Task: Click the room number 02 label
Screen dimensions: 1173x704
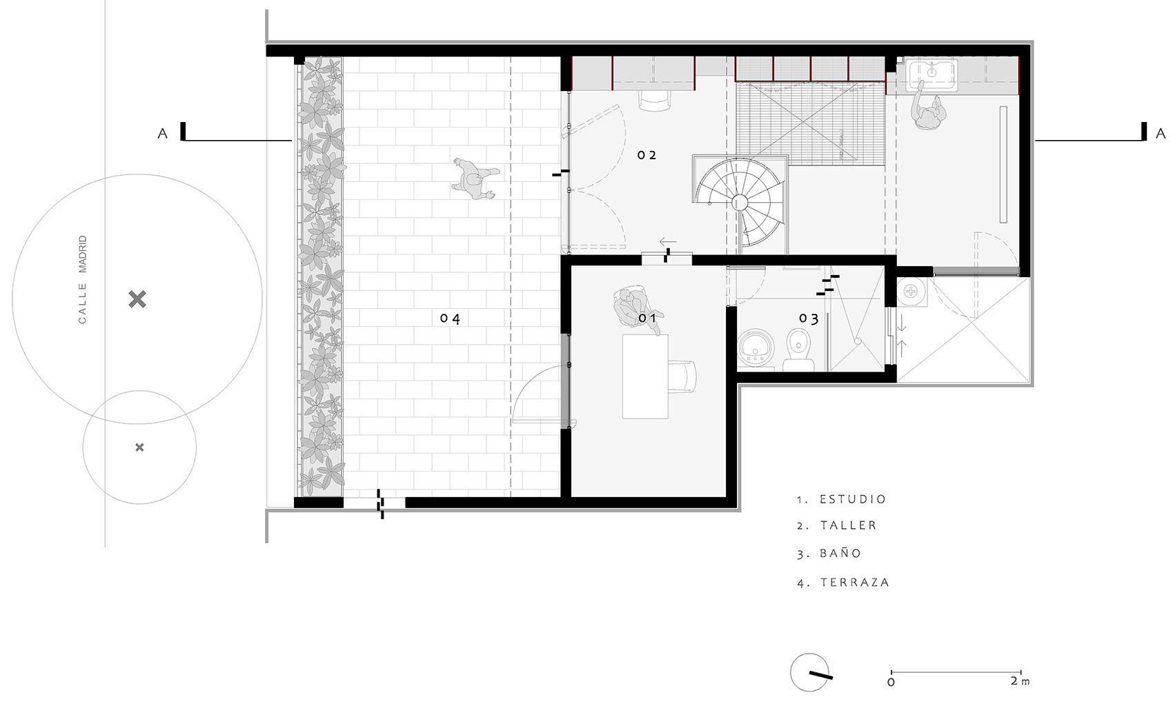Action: (x=647, y=155)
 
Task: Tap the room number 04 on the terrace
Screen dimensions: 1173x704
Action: (x=450, y=319)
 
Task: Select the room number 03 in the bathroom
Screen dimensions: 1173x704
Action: (x=809, y=319)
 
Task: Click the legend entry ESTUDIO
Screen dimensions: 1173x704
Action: (x=853, y=499)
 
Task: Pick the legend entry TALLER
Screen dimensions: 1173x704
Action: (x=848, y=525)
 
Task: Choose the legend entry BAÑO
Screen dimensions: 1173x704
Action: (x=840, y=553)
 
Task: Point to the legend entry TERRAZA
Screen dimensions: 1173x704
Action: (x=855, y=582)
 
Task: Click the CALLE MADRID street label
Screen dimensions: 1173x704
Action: (x=82, y=279)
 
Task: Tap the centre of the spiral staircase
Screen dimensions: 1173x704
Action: (x=740, y=202)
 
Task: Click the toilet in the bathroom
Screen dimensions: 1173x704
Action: (x=798, y=350)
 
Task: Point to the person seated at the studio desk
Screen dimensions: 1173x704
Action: (x=637, y=309)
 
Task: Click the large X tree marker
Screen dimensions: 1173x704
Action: (x=137, y=299)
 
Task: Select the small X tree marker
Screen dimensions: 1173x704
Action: (x=139, y=447)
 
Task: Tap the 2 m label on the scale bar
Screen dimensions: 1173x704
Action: (x=1020, y=681)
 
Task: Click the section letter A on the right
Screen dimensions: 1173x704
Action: (x=1161, y=134)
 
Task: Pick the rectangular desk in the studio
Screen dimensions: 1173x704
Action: (x=645, y=377)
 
